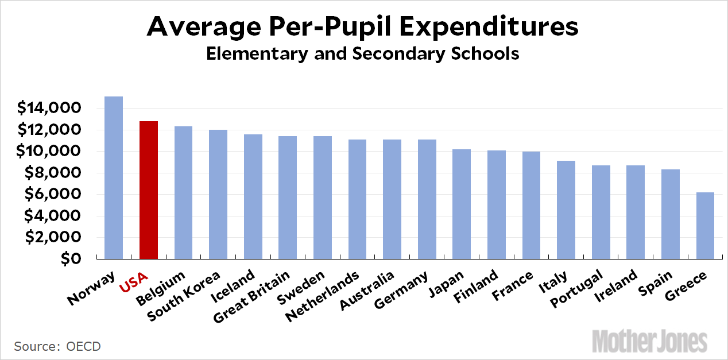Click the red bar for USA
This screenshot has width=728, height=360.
[149, 189]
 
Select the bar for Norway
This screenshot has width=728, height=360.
[114, 177]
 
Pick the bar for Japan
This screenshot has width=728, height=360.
[462, 204]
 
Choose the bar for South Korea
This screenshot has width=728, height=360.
[218, 194]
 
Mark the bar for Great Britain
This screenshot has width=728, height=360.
[288, 197]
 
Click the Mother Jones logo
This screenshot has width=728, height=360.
[650, 340]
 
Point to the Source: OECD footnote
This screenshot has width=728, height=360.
[57, 346]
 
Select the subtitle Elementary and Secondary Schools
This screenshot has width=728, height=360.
[362, 54]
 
